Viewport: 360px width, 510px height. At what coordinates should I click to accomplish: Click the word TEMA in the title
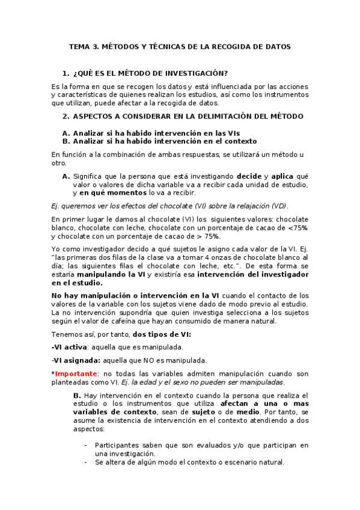click(79, 46)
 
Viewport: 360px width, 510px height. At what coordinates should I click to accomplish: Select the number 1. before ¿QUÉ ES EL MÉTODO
click(66, 72)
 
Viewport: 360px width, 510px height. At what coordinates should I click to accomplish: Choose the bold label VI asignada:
click(76, 360)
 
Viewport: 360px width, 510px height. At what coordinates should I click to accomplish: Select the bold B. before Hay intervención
click(77, 395)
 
